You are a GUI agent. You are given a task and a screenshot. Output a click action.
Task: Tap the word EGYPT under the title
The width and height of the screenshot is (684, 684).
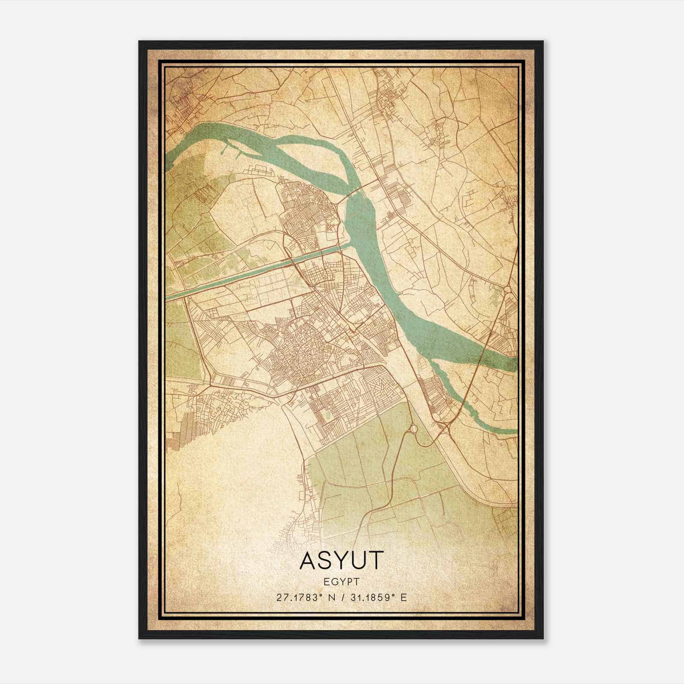pyautogui.click(x=341, y=581)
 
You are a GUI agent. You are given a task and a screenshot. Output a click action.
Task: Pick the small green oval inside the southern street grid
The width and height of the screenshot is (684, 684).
pyautogui.click(x=327, y=414)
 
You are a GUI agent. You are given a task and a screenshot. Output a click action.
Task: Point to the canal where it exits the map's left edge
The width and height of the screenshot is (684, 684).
pyautogui.click(x=168, y=296)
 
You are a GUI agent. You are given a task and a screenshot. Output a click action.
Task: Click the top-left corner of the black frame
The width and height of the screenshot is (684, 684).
pyautogui.click(x=139, y=42)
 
